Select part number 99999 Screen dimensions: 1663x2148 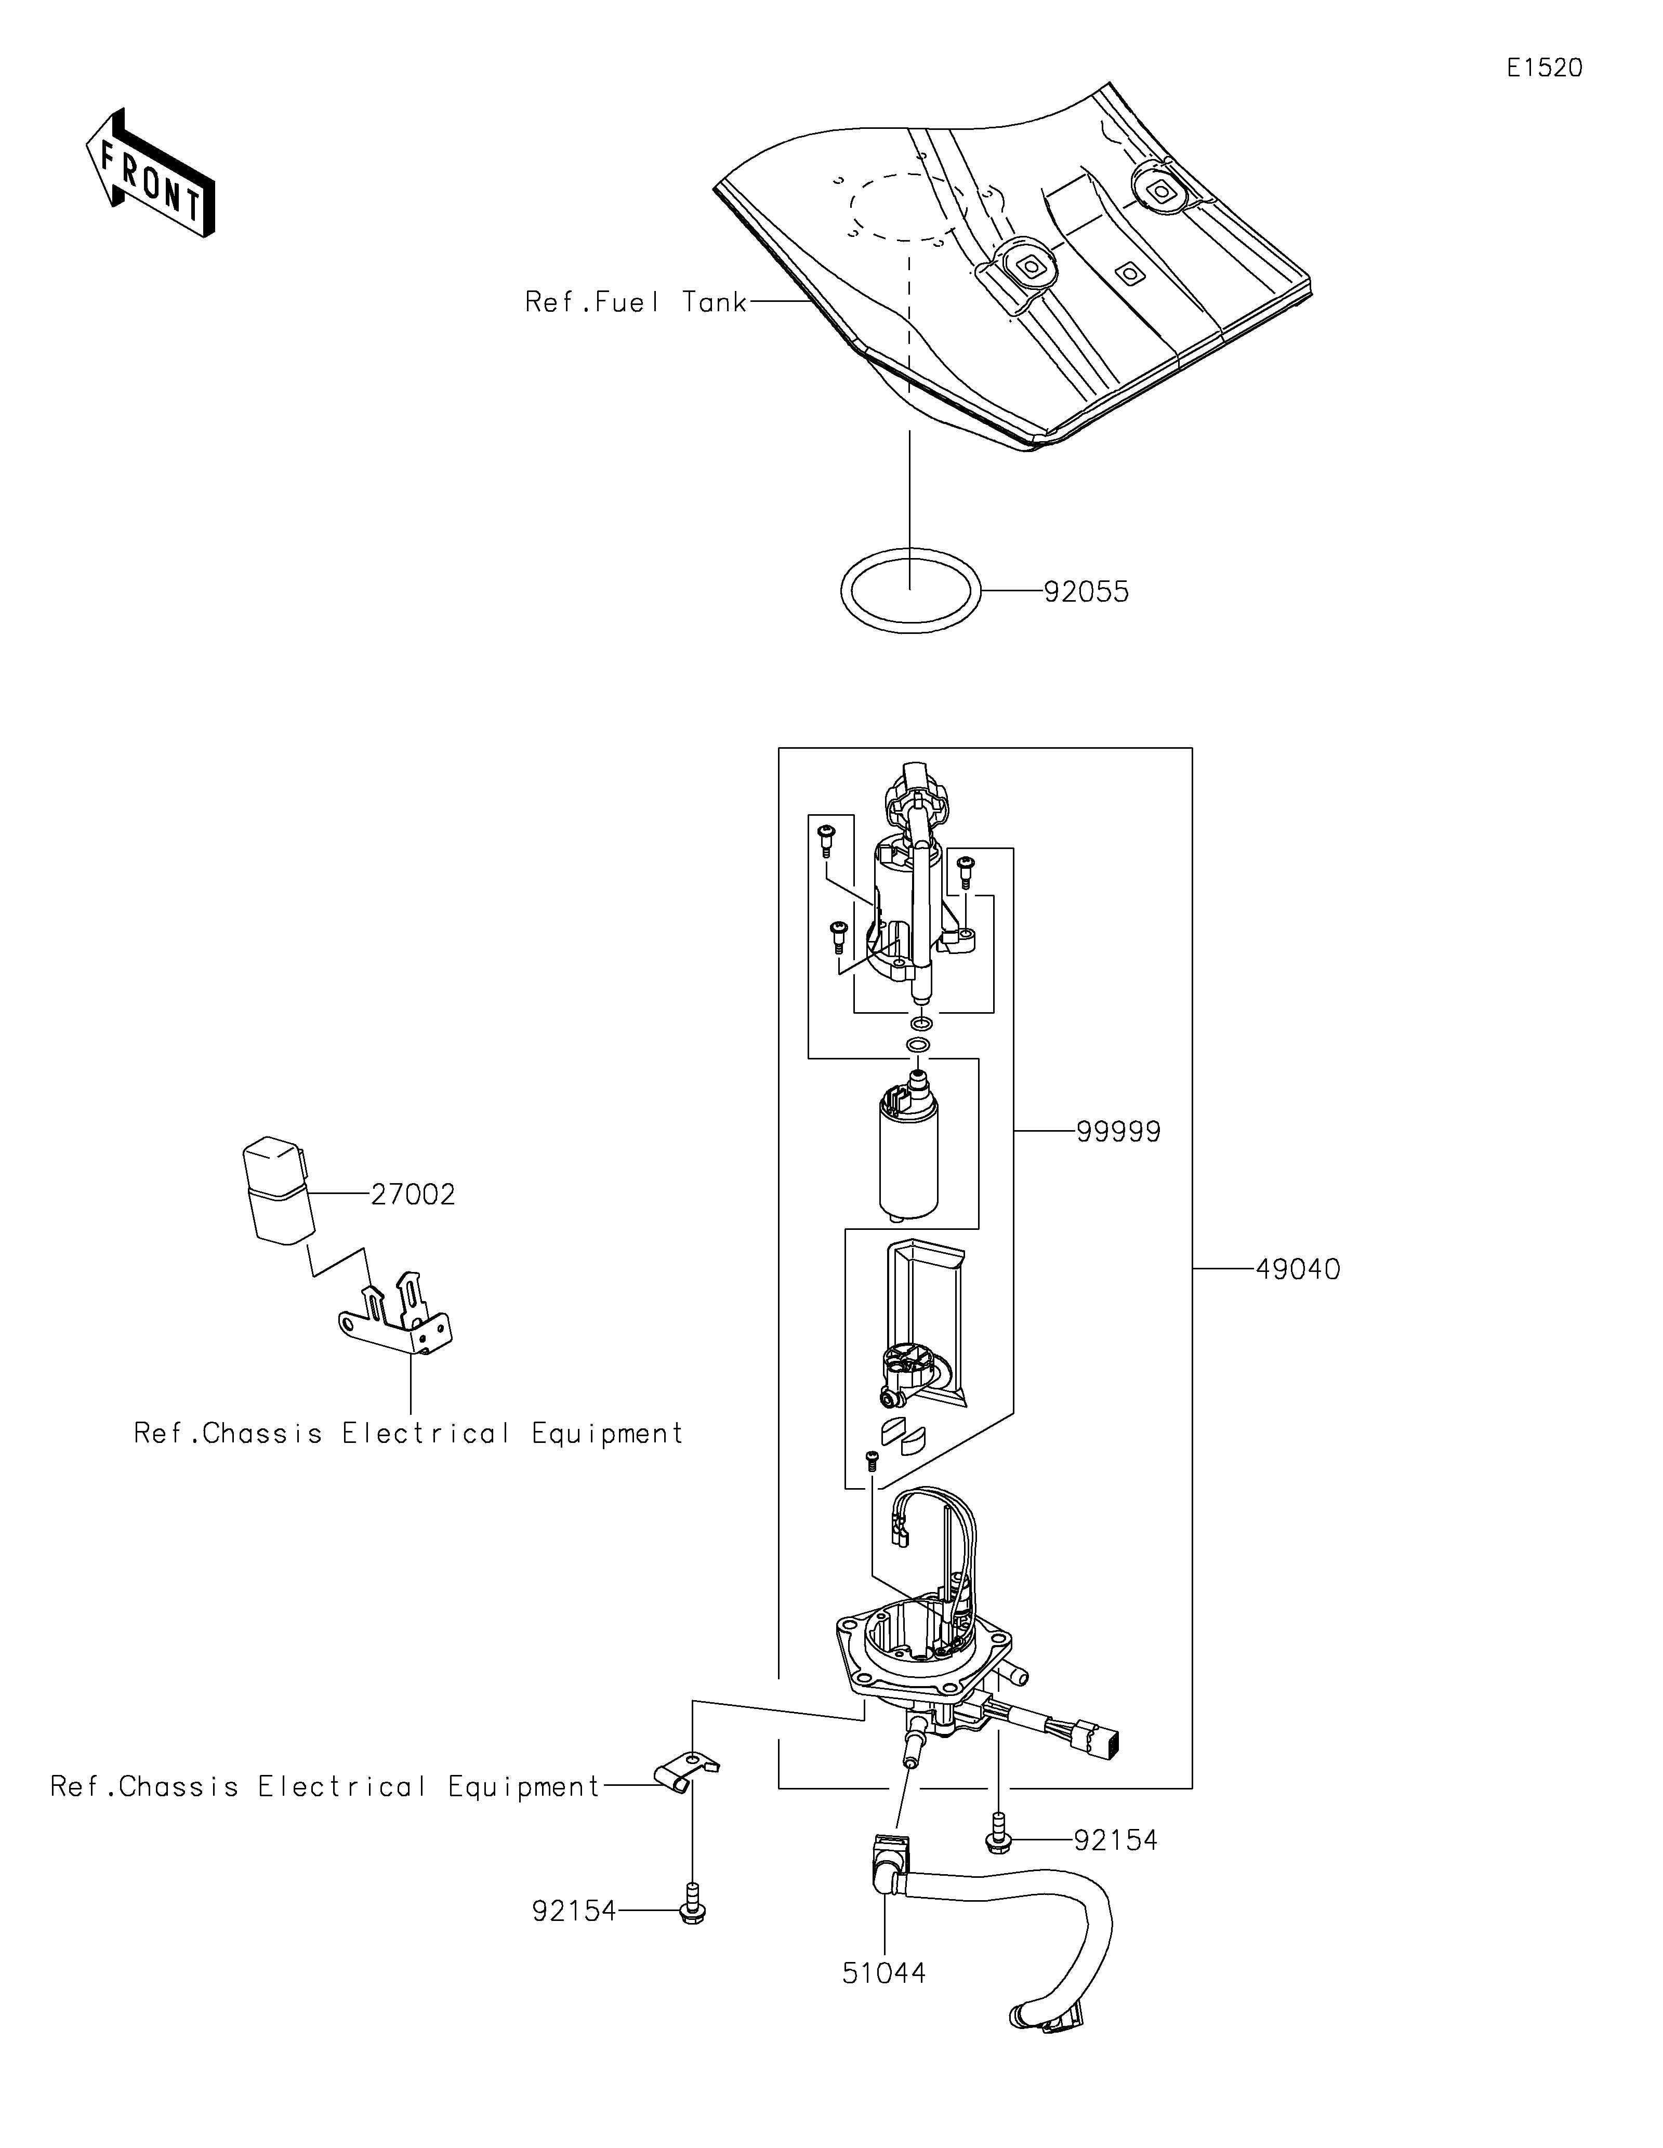[1118, 1132]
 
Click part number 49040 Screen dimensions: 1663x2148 [1297, 1270]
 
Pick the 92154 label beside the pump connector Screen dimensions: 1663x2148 [1115, 1840]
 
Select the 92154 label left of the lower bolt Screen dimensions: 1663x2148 [574, 1911]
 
